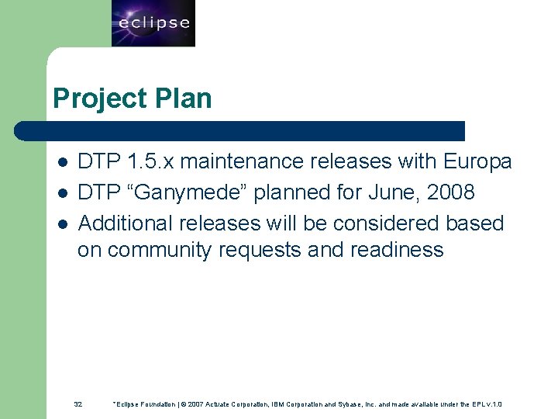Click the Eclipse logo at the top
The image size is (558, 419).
click(x=153, y=23)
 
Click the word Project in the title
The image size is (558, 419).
click(x=89, y=99)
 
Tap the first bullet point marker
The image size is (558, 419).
click(x=62, y=162)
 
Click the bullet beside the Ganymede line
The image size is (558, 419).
click(x=62, y=192)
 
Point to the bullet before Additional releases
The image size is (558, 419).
click(x=62, y=223)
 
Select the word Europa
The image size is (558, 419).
click(x=477, y=161)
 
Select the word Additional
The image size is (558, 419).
click(x=126, y=223)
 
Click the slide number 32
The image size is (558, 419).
click(x=78, y=404)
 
